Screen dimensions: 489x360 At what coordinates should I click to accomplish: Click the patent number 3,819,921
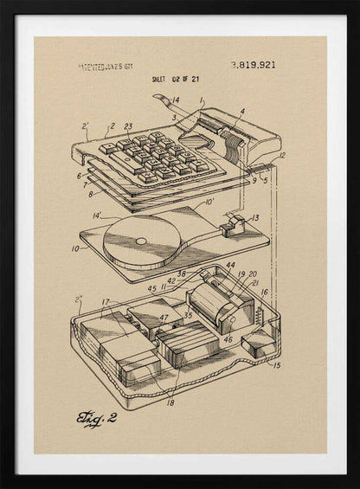[x=254, y=65]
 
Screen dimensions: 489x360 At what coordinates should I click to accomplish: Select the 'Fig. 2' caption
[x=94, y=420]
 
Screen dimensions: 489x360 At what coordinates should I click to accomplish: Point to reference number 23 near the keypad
[x=128, y=126]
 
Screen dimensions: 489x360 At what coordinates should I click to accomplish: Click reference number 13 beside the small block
[x=254, y=218]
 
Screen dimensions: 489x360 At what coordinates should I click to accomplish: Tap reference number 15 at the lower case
[x=276, y=365]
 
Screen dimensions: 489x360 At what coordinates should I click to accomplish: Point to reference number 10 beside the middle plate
[x=74, y=248]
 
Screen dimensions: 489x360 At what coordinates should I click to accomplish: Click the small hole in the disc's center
[x=141, y=241]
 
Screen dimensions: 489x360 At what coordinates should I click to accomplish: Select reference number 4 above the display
[x=241, y=111]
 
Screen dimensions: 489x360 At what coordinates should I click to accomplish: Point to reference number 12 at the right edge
[x=281, y=156]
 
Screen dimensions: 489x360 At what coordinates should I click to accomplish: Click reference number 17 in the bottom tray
[x=106, y=302]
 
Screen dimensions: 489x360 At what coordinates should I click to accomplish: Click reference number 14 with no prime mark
[x=176, y=100]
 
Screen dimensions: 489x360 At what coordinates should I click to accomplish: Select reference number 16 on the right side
[x=265, y=293]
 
